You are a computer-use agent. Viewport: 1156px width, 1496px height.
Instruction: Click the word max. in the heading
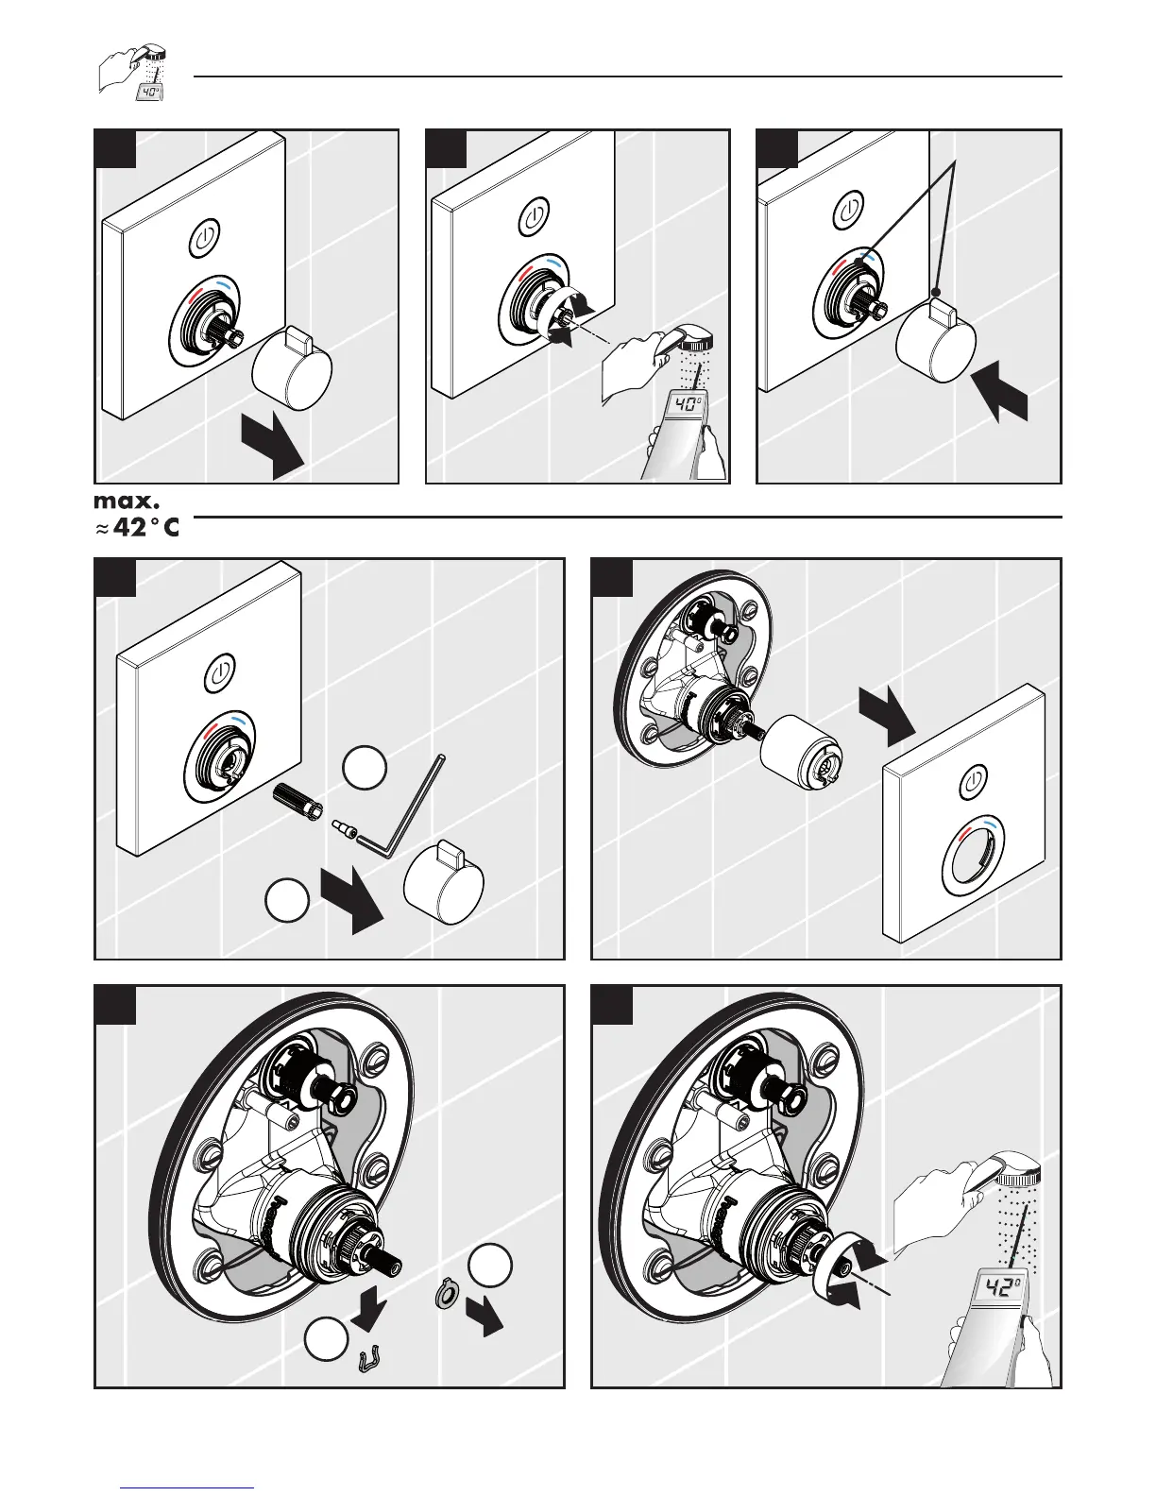tap(127, 497)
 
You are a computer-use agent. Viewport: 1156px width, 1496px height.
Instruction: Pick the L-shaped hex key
tap(396, 802)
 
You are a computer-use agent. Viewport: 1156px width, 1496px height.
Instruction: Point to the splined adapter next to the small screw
tap(297, 801)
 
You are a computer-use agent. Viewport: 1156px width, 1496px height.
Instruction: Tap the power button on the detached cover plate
tap(975, 782)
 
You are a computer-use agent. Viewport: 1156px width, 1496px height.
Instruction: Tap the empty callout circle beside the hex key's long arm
tap(364, 767)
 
